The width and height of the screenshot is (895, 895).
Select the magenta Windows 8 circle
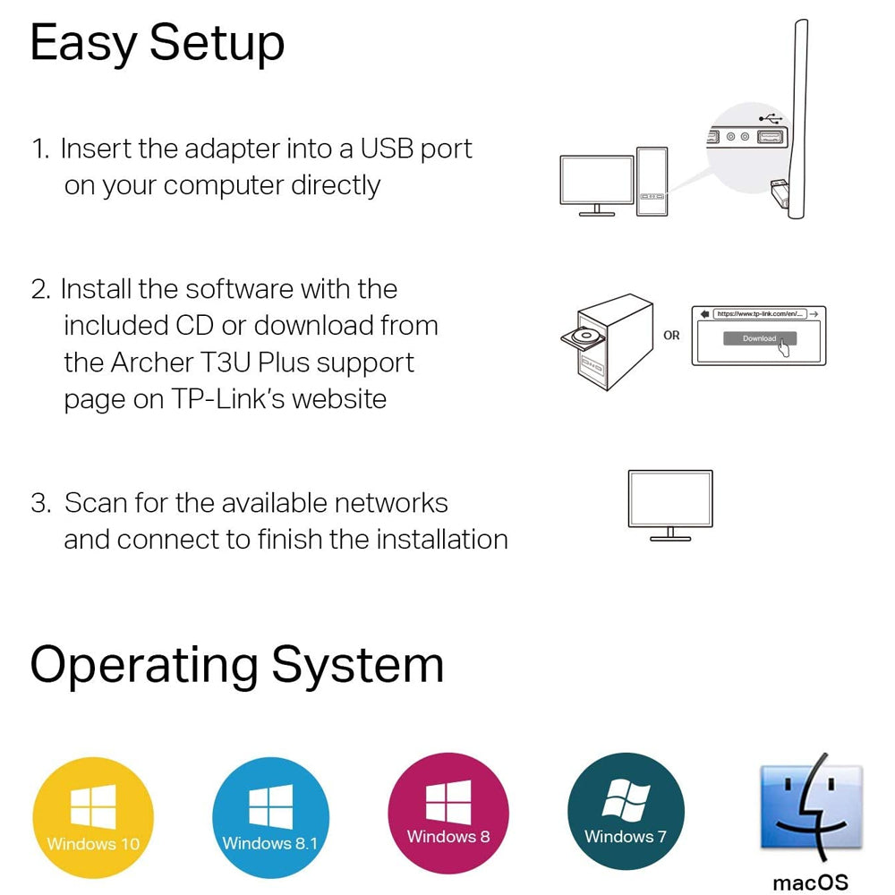(x=448, y=809)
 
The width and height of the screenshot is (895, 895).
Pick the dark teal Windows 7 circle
(x=626, y=809)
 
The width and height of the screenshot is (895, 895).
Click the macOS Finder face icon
(x=811, y=807)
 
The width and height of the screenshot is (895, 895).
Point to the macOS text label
(x=810, y=882)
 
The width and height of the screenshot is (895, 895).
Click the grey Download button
(x=759, y=338)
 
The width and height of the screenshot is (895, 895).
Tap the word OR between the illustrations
(x=671, y=336)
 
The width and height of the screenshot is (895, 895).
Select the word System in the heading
(x=358, y=664)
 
